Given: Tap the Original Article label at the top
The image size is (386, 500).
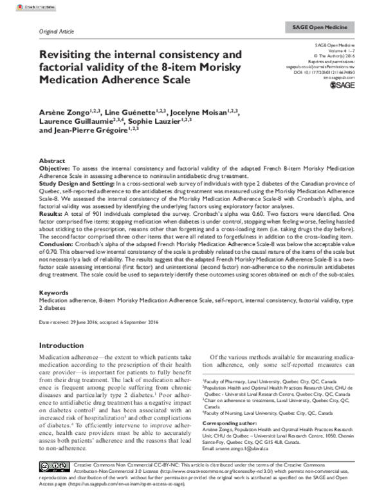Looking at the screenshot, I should pyautogui.click(x=58, y=31).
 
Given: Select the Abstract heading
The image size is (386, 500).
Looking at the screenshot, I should pyautogui.click(x=52, y=160).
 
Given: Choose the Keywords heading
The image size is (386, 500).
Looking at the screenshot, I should pyautogui.click(x=55, y=293).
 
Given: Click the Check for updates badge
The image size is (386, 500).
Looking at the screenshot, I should pyautogui.click(x=19, y=6).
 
